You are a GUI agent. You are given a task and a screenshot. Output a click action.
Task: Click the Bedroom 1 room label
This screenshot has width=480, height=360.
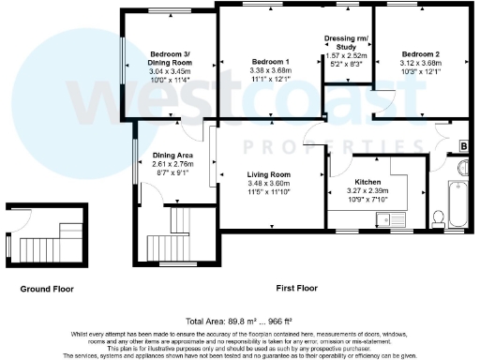pyautogui.click(x=267, y=61)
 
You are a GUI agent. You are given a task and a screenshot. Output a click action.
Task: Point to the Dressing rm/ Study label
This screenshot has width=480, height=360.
pyautogui.click(x=346, y=42)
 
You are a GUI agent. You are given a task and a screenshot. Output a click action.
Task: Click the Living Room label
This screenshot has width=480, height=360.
pyautogui.click(x=268, y=174)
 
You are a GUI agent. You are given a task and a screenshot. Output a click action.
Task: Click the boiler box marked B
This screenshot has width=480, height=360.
pyautogui.click(x=464, y=146)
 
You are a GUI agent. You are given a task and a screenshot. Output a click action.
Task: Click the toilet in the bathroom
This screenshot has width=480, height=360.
pyautogui.click(x=441, y=217)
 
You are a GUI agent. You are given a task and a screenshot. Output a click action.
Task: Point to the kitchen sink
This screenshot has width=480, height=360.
pyautogui.click(x=382, y=219)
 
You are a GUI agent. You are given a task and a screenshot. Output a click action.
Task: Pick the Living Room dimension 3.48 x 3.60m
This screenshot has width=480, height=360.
pyautogui.click(x=268, y=184)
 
